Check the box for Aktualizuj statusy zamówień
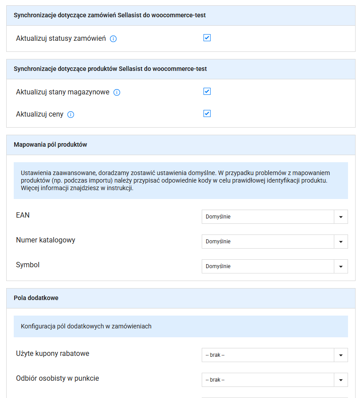(207, 38)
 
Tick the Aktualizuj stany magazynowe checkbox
(207, 92)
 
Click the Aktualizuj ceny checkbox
(207, 114)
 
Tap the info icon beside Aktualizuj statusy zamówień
(113, 39)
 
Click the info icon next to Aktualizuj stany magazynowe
(117, 93)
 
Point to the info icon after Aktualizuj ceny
(71, 115)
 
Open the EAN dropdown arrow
(340, 217)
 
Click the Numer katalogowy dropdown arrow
(340, 242)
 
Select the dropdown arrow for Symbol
(340, 266)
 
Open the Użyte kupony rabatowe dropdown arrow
(340, 355)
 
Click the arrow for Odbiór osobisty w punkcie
(340, 380)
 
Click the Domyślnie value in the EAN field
(218, 217)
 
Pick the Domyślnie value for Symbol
(218, 266)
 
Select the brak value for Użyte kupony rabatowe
(215, 355)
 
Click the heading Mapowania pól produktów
(51, 144)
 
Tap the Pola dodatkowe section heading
(36, 298)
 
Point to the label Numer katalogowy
(46, 240)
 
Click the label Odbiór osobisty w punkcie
(58, 378)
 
